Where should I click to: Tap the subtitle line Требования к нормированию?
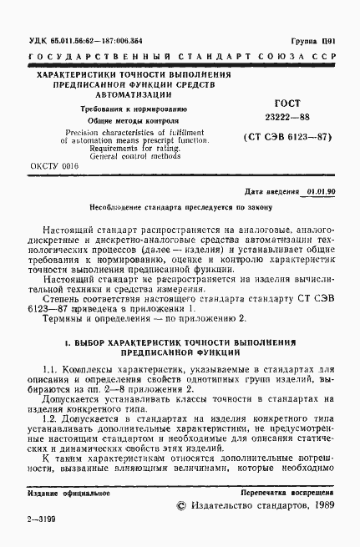(x=128, y=111)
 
